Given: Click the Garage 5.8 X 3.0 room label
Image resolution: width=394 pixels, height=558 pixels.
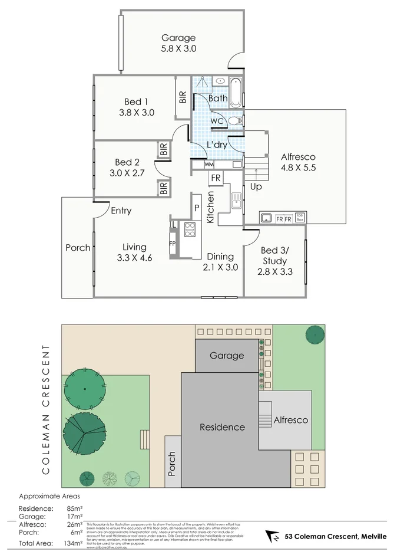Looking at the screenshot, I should coord(178,44).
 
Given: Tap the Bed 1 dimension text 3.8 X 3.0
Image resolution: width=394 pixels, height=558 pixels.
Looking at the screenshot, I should coord(136,113).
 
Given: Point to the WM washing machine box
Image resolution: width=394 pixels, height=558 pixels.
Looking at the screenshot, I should coord(209,164).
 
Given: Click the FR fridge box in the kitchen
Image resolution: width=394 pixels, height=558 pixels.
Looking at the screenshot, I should coord(216,178).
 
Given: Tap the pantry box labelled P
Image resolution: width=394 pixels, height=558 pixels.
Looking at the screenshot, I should coord(196,208).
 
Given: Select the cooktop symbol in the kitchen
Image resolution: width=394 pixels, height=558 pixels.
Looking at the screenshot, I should coord(190,229).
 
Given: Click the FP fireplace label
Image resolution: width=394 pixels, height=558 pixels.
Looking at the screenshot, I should coord(173,243).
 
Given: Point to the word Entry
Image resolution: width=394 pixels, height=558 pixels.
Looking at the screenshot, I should coord(121,211).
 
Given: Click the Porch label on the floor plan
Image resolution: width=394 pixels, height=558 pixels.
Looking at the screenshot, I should coord(78,248).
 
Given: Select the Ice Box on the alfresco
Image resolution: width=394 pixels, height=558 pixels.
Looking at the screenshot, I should coord(300,217).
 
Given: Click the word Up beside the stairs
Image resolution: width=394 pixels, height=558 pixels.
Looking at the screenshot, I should coord(256,187).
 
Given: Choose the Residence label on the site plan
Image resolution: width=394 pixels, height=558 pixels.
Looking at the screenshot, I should coord(221,427).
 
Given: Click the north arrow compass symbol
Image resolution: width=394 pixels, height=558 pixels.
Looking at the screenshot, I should coord(272,536).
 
